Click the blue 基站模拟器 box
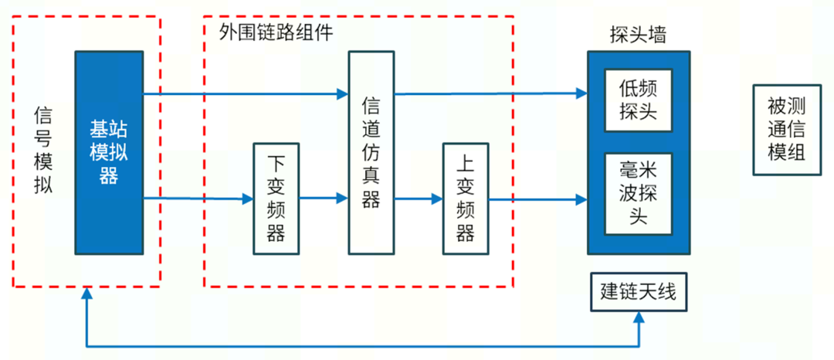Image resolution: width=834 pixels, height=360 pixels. pyautogui.click(x=109, y=152)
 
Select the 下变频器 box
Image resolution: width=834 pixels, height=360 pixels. pyautogui.click(x=276, y=199)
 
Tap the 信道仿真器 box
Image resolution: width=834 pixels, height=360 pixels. pyautogui.click(x=371, y=152)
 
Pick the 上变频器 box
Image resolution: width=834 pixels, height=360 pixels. pyautogui.click(x=465, y=199)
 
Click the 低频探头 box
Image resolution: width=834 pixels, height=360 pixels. pyautogui.click(x=638, y=100)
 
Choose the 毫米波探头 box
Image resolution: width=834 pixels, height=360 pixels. pyautogui.click(x=638, y=193)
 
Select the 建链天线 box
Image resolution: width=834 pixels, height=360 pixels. pyautogui.click(x=638, y=292)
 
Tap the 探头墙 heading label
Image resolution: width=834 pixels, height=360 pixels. pyautogui.click(x=637, y=35)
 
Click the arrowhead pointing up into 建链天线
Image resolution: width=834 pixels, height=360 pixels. pyautogui.click(x=639, y=318)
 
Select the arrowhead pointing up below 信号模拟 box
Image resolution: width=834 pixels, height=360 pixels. pyautogui.click(x=87, y=294)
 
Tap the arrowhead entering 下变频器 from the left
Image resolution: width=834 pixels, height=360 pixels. pyautogui.click(x=248, y=199)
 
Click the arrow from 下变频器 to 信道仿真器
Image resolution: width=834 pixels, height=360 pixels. pyautogui.click(x=323, y=199)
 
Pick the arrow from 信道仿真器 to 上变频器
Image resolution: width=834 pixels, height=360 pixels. pyautogui.click(x=417, y=199)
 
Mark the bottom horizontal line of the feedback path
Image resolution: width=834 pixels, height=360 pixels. pyautogui.click(x=363, y=345)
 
